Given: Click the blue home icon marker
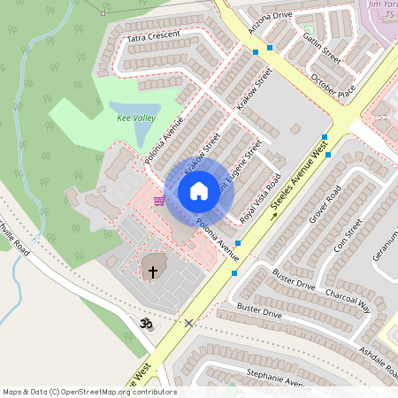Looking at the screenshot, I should pyautogui.click(x=199, y=191).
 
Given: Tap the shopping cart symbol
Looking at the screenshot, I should pyautogui.click(x=158, y=201).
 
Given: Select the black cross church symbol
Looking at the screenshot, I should pyautogui.click(x=152, y=272).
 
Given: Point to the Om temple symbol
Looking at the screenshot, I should pyautogui.click(x=147, y=325).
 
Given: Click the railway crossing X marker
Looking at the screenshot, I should pyautogui.click(x=188, y=323).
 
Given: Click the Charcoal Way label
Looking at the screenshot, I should pyautogui.click(x=348, y=302).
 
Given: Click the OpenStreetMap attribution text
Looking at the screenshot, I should pyautogui.click(x=89, y=391).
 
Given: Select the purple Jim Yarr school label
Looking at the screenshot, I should pyautogui.click(x=379, y=8).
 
